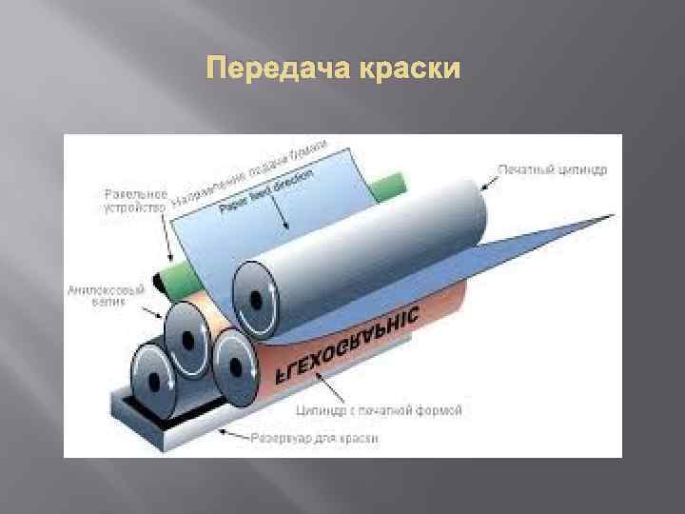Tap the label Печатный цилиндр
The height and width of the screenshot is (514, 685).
click(555, 169)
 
